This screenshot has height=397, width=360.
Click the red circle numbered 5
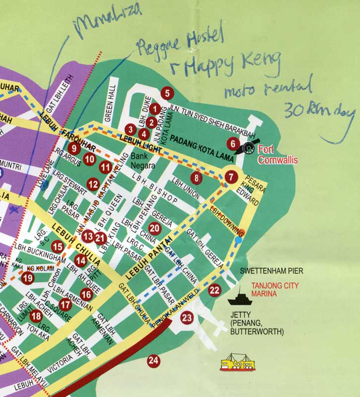(167, 92)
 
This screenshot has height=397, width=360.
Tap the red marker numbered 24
(154, 361)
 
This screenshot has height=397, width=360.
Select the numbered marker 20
(154, 228)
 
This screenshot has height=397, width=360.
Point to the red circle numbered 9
(74, 148)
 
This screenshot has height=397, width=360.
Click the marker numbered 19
(27, 279)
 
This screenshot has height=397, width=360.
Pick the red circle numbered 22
(214, 291)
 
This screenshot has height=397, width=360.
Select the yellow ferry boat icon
(238, 363)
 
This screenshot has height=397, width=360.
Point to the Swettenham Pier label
(271, 271)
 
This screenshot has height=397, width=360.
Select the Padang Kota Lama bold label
(198, 140)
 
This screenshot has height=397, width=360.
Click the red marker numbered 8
(197, 177)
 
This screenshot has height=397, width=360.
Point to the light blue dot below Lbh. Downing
(239, 240)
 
